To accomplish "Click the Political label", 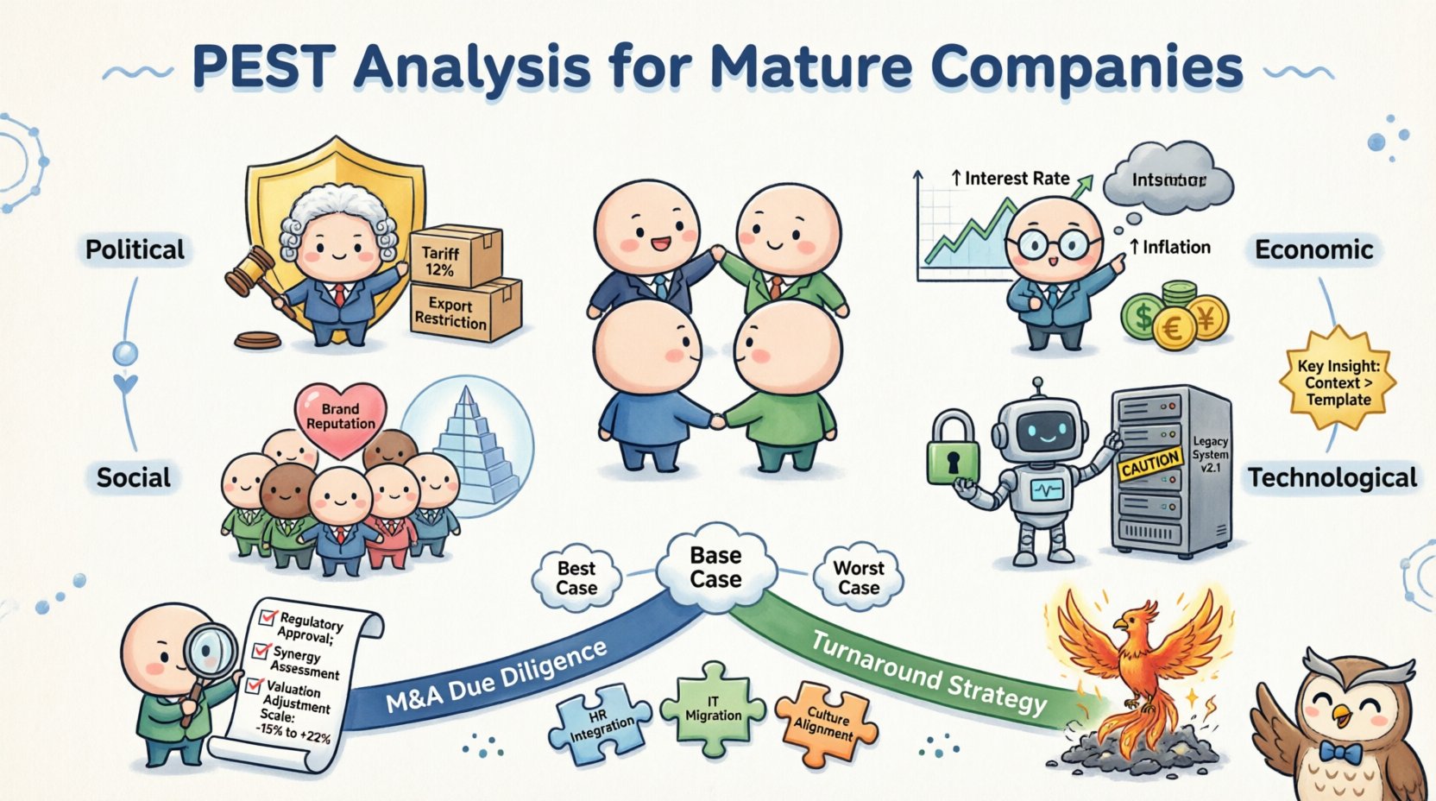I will [x=135, y=249].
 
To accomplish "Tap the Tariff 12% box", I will [x=454, y=256].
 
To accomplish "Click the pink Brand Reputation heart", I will [x=341, y=417].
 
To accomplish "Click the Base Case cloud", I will [x=715, y=567].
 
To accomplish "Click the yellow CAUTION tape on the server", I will [x=1150, y=463].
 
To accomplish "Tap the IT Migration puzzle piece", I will [x=713, y=708].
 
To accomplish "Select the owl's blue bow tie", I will [x=1340, y=753].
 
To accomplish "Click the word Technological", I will [x=1332, y=477].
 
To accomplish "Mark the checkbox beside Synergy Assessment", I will [x=261, y=650].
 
